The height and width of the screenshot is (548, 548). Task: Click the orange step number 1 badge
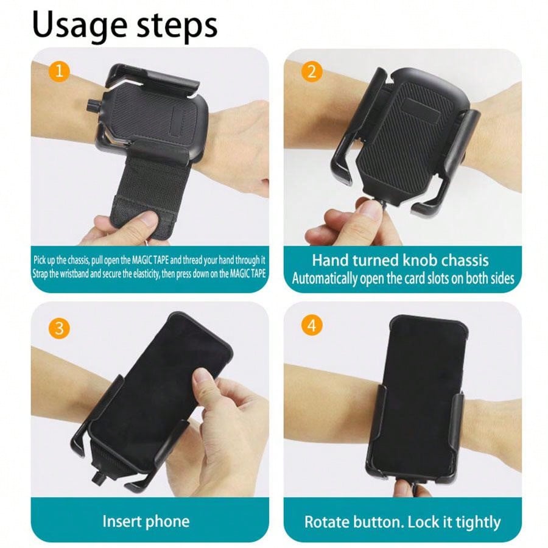tap(60, 72)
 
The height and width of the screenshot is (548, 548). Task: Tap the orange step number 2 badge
tap(312, 72)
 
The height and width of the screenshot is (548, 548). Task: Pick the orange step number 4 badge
tap(312, 326)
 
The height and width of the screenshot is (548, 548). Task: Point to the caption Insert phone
tap(146, 521)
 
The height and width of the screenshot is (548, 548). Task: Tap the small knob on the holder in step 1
tap(93, 104)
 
